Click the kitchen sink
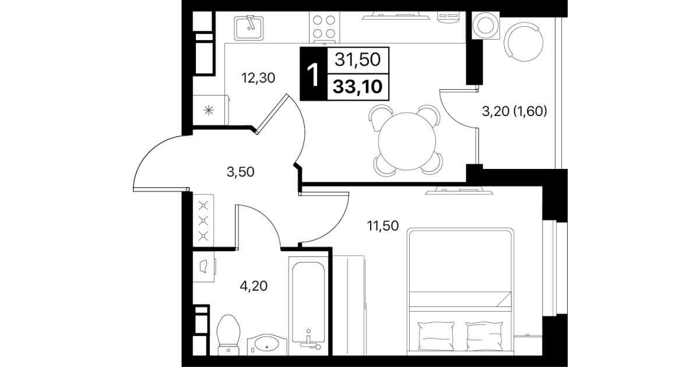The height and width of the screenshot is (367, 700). coord(249,28)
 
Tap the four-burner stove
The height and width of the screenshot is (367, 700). coord(324,27)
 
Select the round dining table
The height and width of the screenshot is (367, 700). coord(407,141)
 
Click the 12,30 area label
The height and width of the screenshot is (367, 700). coord(258,78)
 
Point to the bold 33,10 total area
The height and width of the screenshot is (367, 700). coord(357,87)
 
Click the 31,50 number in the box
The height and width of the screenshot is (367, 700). coord(357,59)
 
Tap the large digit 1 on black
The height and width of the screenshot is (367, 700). coord(313,75)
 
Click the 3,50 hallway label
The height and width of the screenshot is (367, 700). coord(240,172)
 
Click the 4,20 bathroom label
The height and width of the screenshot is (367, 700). coord(254,286)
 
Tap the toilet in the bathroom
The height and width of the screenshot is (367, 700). coord(228,335)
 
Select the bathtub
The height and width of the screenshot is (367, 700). coord(308,306)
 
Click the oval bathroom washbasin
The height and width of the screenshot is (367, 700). coord(267,344)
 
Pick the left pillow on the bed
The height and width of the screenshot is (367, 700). coord(435,336)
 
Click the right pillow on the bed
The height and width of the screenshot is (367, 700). coord(484,336)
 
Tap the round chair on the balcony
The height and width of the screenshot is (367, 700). coord(524,41)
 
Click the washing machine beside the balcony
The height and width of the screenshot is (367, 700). coord(486,25)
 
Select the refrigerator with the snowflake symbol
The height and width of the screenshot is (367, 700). coord(210,110)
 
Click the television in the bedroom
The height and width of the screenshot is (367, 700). coord(459,190)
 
